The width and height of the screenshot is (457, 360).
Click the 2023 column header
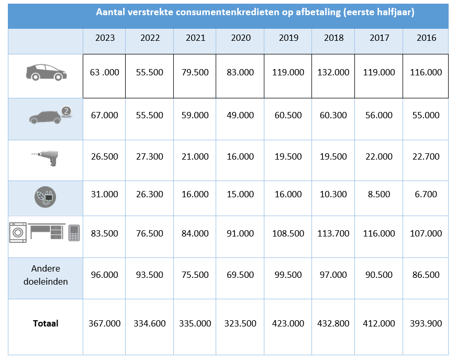[x=105, y=38]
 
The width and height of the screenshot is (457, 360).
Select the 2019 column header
[x=288, y=38]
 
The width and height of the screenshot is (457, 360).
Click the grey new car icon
[x=46, y=72]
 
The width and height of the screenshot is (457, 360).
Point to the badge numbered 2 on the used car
[x=66, y=111]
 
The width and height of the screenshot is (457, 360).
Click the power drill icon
[x=47, y=156]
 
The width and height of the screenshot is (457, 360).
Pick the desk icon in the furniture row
[x=47, y=231]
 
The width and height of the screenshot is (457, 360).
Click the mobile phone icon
[x=74, y=232]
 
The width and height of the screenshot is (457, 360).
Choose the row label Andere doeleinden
[x=46, y=275]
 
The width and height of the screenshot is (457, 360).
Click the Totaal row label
[x=46, y=323]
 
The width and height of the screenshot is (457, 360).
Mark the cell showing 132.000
[x=333, y=72]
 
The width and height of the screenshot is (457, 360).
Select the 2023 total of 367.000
[x=105, y=323]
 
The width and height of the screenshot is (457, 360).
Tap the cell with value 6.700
[x=426, y=194]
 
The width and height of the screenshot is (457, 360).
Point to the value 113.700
[x=333, y=233]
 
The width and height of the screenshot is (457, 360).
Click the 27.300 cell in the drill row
[x=149, y=156]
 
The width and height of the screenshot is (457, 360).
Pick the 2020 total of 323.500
[x=241, y=323]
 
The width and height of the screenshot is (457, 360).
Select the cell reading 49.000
[x=241, y=115]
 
